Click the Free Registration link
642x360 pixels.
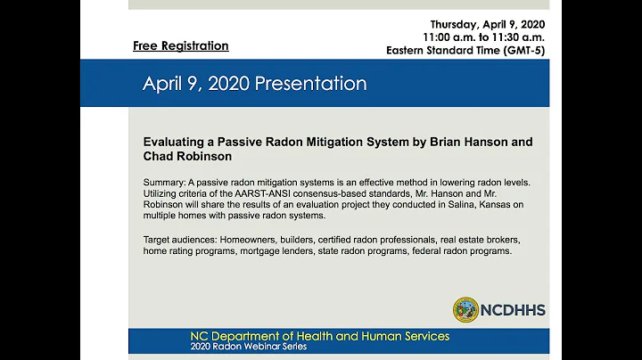(x=181, y=45)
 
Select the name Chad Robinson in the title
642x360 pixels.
(x=187, y=156)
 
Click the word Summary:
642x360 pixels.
(x=165, y=183)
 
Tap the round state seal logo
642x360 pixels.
(x=465, y=310)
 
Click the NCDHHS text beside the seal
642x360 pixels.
(x=513, y=310)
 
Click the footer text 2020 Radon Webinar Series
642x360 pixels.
(x=248, y=347)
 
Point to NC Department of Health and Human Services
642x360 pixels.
(x=319, y=336)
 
